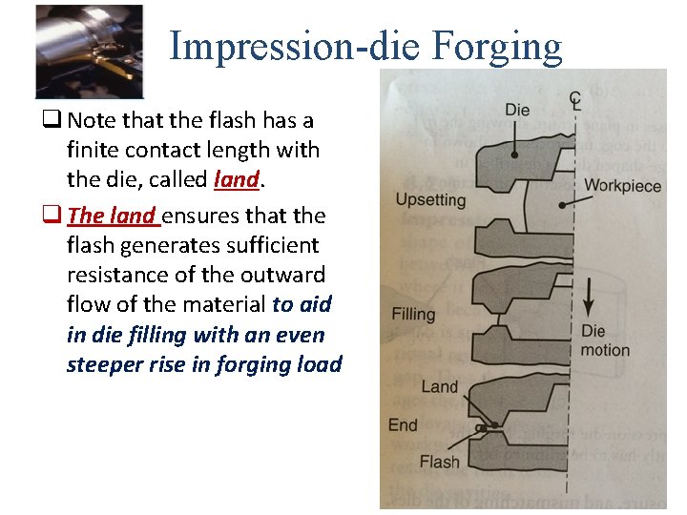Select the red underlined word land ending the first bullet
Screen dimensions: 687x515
pos(238,179)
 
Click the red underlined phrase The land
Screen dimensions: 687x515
pos(112,216)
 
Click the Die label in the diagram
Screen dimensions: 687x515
pos(516,110)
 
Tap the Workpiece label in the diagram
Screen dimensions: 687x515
pos(622,185)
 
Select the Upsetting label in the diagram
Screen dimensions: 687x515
pos(429,200)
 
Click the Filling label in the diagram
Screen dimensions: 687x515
pos(413,314)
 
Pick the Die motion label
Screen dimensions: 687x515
pos(605,340)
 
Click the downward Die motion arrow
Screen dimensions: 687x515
pos(590,297)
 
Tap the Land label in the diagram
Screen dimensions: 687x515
pos(439,386)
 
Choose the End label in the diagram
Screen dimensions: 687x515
pos(403,425)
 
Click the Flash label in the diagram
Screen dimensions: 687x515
pos(439,463)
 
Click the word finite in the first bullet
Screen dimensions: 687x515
pos(93,150)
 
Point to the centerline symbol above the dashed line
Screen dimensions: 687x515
pos(575,98)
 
